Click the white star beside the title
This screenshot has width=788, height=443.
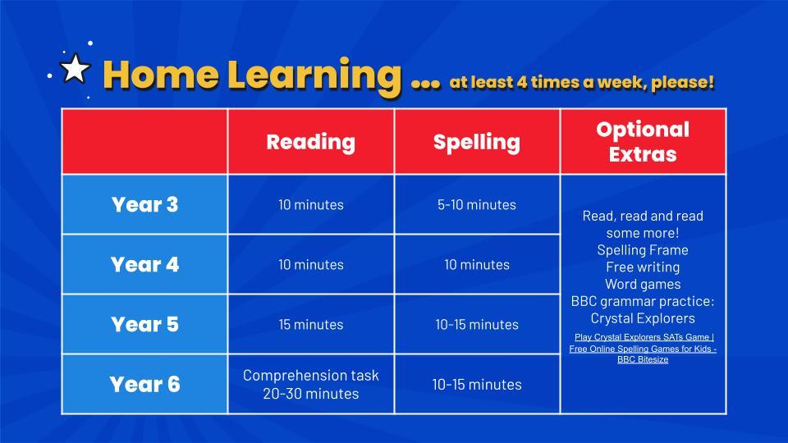75,69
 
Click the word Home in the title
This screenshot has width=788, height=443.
161,75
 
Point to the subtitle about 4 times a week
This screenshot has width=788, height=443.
582,82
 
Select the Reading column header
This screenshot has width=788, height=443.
310,142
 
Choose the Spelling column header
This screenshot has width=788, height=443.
476,142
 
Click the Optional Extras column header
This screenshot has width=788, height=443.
643,142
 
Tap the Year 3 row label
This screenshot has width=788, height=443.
144,204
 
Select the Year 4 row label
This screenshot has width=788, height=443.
144,264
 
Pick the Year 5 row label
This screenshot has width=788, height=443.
144,324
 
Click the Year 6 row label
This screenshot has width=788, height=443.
144,384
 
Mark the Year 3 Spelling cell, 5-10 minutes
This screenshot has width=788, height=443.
476,204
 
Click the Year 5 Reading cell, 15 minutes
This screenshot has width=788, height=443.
310,325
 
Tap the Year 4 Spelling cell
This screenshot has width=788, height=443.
476,265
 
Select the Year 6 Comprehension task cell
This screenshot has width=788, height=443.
310,384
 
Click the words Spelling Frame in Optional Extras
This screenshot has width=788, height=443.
643,250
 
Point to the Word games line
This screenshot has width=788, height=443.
643,285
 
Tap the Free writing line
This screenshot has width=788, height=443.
643,267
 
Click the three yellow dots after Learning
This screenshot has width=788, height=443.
426,84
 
